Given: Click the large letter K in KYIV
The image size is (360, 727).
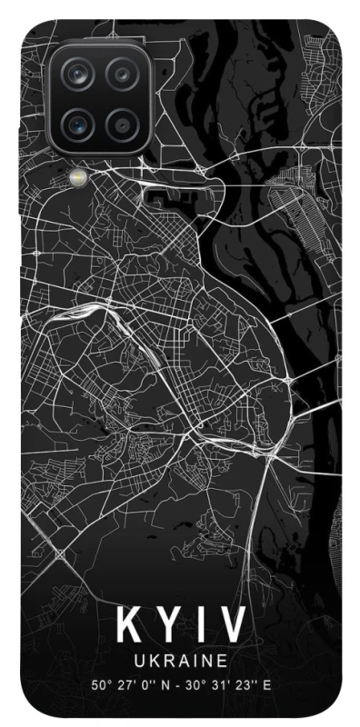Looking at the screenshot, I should point(129,626).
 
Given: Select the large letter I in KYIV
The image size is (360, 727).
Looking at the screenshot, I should point(201,626).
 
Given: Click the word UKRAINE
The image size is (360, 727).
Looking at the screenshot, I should point(180,659).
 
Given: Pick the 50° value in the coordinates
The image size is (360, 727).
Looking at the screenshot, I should point(99,684).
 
